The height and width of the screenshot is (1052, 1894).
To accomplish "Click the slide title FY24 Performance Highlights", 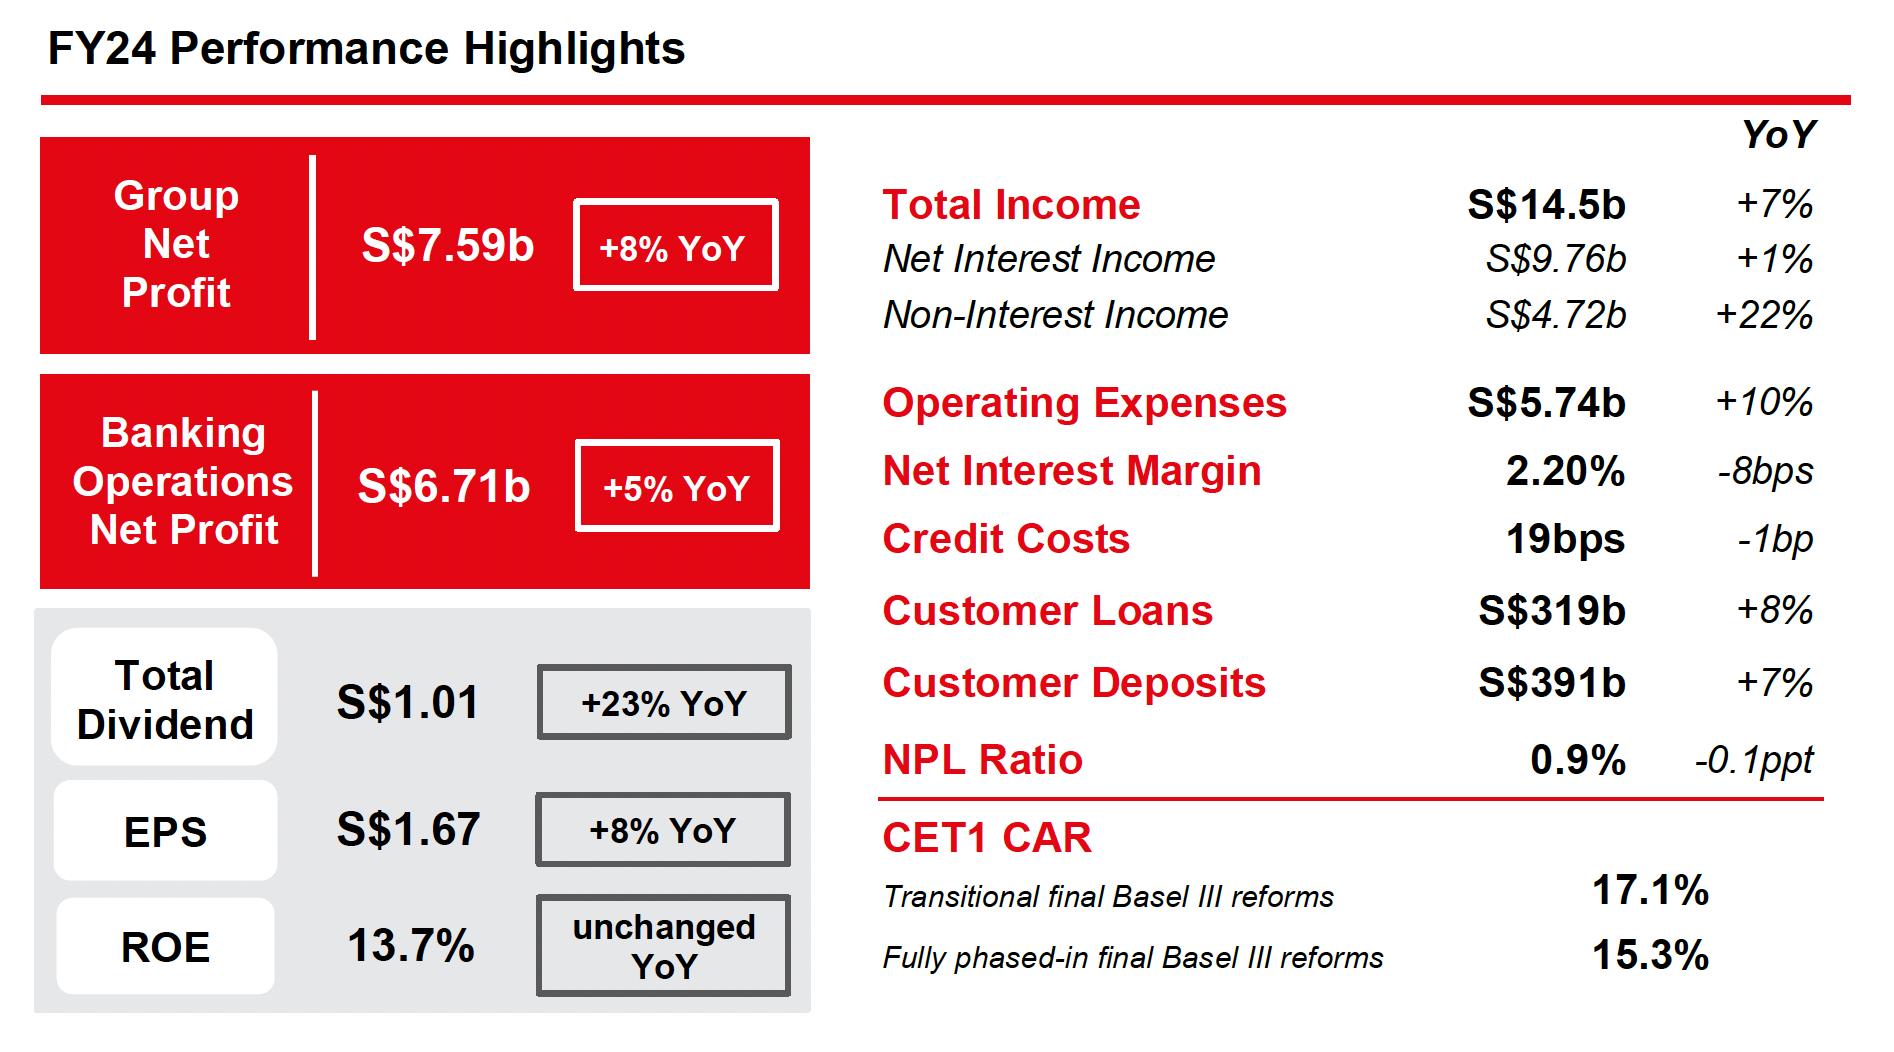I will (x=366, y=49).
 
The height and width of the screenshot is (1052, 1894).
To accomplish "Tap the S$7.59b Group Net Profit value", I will (x=447, y=246).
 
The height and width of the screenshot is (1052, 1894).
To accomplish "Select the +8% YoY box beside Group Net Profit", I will (x=675, y=246).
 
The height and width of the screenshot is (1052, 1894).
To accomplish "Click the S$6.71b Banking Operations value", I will (x=443, y=487).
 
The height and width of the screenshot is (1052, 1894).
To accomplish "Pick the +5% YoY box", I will (x=677, y=487).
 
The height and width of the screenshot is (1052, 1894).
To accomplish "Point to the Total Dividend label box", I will (x=165, y=699).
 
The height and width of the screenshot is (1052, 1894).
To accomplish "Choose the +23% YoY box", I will (x=664, y=703).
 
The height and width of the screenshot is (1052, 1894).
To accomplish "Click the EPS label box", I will (x=165, y=832).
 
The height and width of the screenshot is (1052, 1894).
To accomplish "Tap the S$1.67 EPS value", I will (x=408, y=830).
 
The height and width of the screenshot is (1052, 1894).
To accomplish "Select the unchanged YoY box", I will (x=664, y=946).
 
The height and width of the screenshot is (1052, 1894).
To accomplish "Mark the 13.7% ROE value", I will (x=410, y=946).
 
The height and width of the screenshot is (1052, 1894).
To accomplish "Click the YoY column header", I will (x=1778, y=135).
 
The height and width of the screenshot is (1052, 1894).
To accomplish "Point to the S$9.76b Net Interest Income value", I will (x=1555, y=259).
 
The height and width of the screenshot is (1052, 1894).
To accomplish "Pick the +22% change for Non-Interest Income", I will (x=1764, y=315).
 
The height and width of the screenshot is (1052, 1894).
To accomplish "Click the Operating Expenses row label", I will (x=1084, y=403).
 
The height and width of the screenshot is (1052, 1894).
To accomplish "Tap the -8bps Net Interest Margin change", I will (x=1765, y=471).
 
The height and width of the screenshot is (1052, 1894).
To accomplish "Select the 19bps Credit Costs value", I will (x=1565, y=539).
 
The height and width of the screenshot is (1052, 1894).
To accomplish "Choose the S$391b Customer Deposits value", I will (x=1552, y=683).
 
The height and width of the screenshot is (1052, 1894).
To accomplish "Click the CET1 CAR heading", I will (x=987, y=838).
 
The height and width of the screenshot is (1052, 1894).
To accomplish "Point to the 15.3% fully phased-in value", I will (x=1650, y=955).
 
